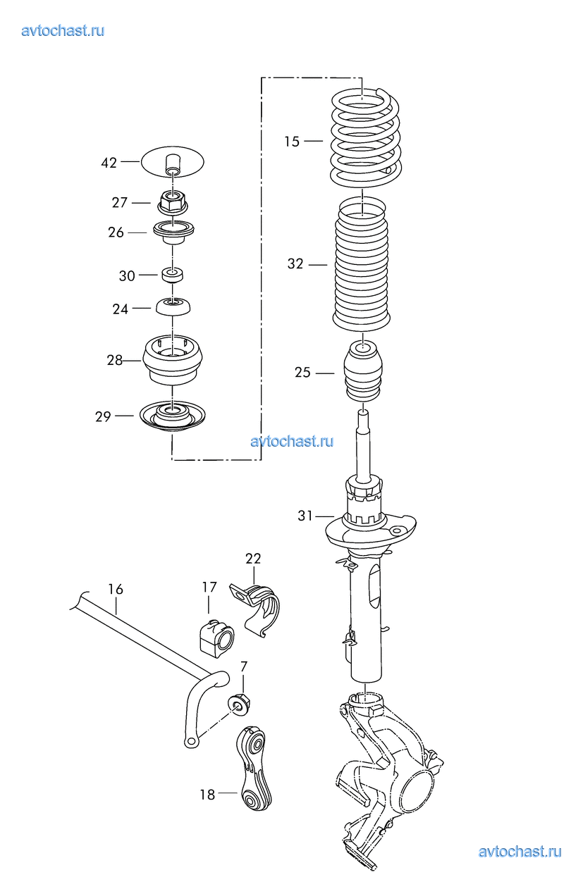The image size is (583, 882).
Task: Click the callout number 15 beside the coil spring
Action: pyautogui.click(x=292, y=142)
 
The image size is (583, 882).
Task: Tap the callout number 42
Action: pyautogui.click(x=109, y=163)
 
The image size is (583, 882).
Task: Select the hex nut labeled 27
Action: pyautogui.click(x=173, y=202)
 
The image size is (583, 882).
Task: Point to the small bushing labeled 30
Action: pyautogui.click(x=173, y=275)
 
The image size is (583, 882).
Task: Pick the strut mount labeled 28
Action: pyautogui.click(x=173, y=360)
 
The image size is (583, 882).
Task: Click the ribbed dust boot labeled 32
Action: pyautogui.click(x=362, y=265)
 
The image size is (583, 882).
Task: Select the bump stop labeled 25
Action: pyautogui.click(x=363, y=373)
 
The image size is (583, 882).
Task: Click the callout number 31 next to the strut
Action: pyautogui.click(x=305, y=516)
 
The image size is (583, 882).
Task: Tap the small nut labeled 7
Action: pyautogui.click(x=240, y=703)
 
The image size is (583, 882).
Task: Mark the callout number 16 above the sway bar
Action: pyautogui.click(x=116, y=589)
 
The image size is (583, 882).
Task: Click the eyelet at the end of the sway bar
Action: pyautogui.click(x=191, y=743)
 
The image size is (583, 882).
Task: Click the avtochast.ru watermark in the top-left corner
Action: pyautogui.click(x=63, y=31)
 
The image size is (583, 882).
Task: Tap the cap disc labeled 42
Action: pyautogui.click(x=173, y=162)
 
